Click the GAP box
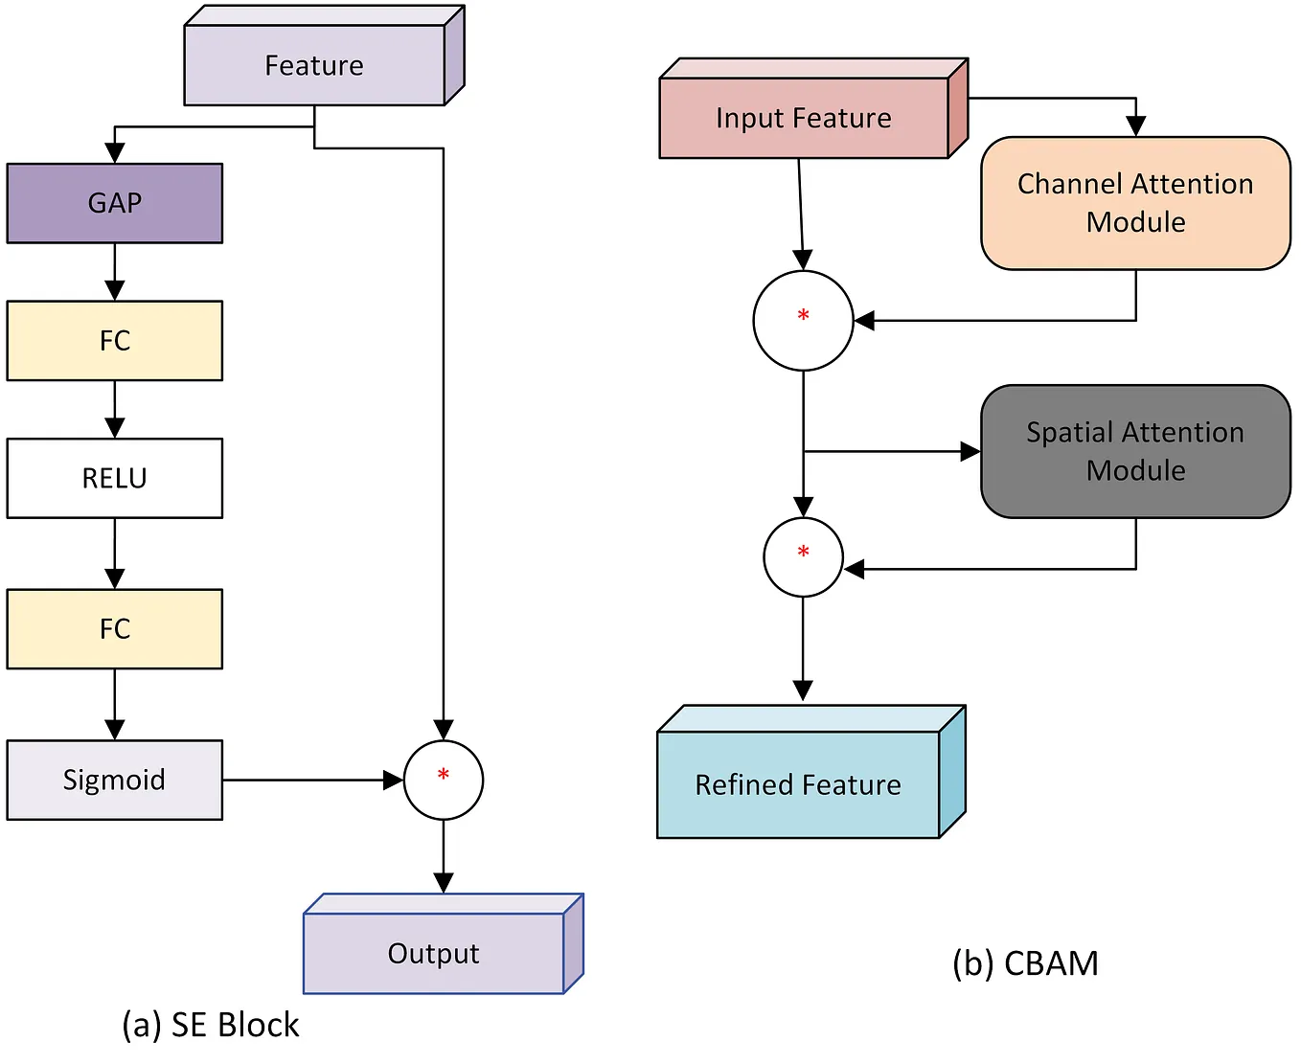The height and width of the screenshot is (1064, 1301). pyautogui.click(x=115, y=203)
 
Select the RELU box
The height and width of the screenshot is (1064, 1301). pyautogui.click(x=115, y=478)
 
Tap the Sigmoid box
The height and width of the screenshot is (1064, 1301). pyautogui.click(x=115, y=780)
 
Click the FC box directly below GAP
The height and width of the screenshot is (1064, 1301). pyautogui.click(x=115, y=341)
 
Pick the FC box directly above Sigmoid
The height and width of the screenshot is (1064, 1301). pyautogui.click(x=115, y=629)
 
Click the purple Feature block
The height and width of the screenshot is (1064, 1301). pyautogui.click(x=314, y=65)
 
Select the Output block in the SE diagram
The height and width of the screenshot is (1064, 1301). pyautogui.click(x=434, y=953)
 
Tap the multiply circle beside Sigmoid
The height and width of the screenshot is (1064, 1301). pyautogui.click(x=444, y=780)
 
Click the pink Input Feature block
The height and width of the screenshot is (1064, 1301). pyautogui.click(x=804, y=118)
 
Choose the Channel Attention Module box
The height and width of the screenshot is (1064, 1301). pyautogui.click(x=1135, y=203)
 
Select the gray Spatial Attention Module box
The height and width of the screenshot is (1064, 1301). pyautogui.click(x=1135, y=451)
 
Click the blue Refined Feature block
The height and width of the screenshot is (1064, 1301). pyautogui.click(x=798, y=784)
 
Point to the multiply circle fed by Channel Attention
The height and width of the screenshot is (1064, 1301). pyautogui.click(x=803, y=320)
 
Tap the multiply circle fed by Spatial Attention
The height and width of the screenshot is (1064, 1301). pyautogui.click(x=803, y=557)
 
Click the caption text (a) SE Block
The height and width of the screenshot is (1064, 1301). pyautogui.click(x=211, y=1025)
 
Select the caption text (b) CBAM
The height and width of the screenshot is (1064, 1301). pyautogui.click(x=1025, y=962)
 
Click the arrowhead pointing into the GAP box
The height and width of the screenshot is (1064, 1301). pyautogui.click(x=115, y=153)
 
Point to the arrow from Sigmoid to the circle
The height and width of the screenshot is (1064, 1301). pyautogui.click(x=307, y=780)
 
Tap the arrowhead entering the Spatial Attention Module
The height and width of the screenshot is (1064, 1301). pyautogui.click(x=970, y=451)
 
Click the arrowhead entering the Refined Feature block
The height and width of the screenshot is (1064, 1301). pyautogui.click(x=803, y=690)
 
